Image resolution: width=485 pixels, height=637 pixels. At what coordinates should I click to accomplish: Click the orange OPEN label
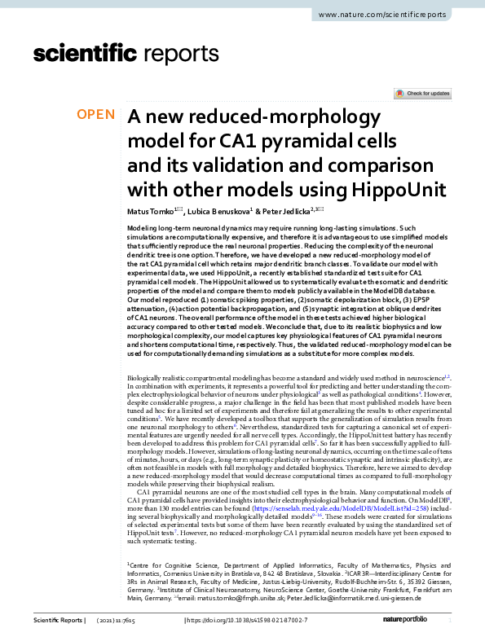coord(96,115)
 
